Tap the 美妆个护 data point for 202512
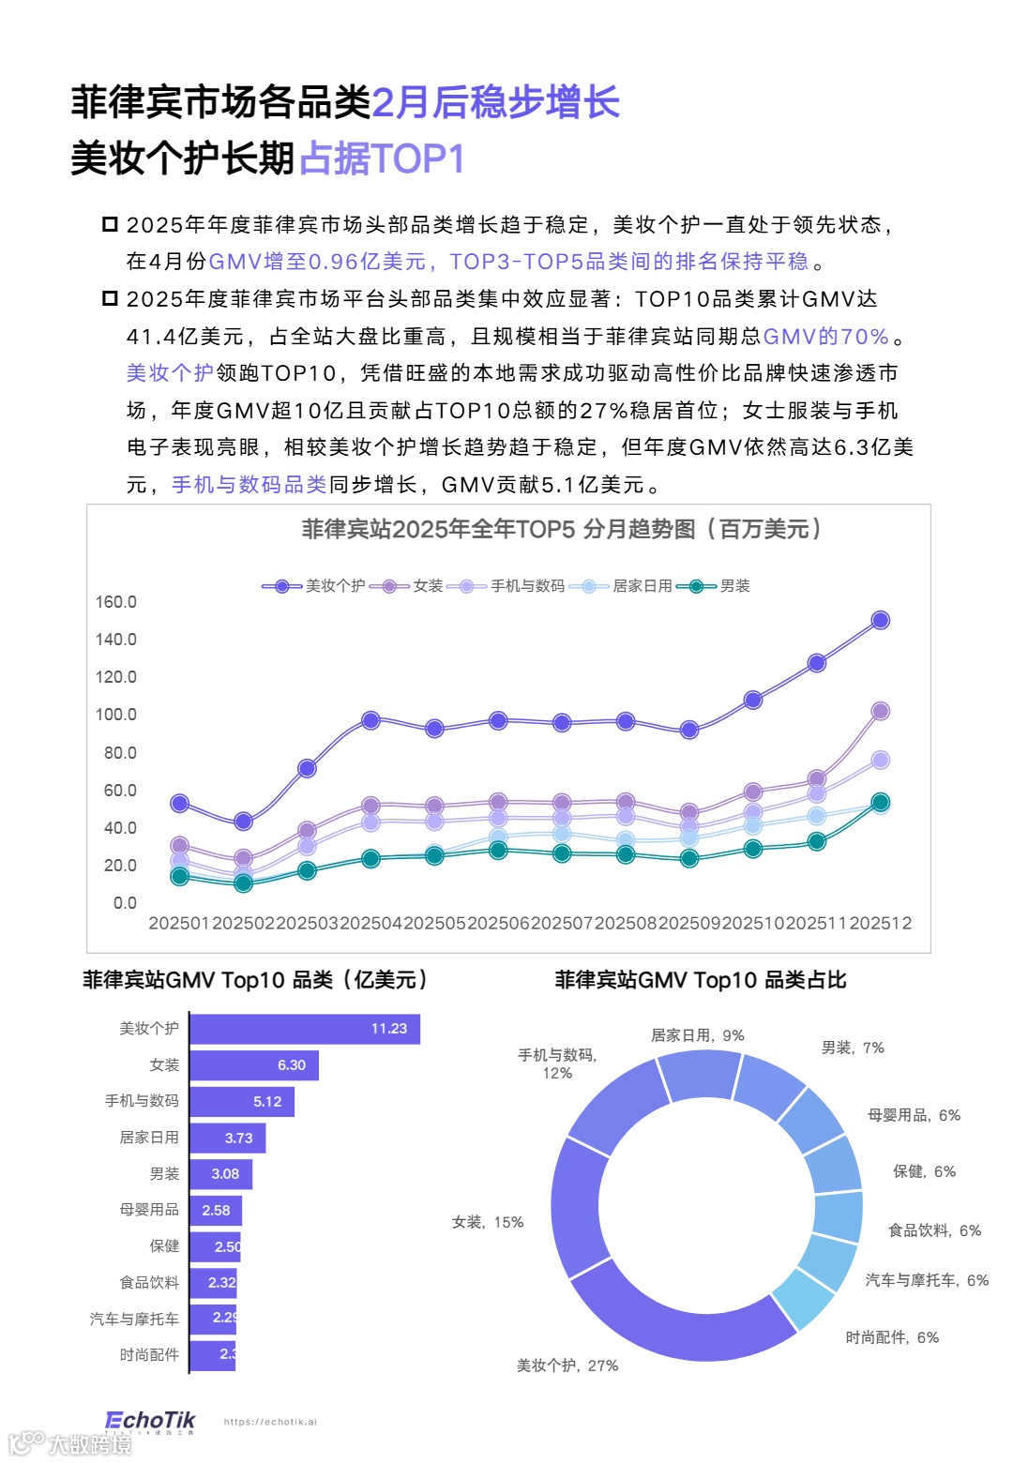pos(880,620)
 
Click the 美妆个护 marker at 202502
pos(243,822)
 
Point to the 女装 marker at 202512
pos(880,711)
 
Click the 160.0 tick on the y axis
pos(115,602)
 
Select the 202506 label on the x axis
pos(498,923)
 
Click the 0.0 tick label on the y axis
pos(125,903)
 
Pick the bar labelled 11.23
pos(305,1029)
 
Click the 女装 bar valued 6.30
pos(254,1065)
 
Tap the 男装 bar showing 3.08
pos(220,1174)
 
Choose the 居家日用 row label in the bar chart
pos(149,1138)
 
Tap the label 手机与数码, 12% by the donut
pos(557,1063)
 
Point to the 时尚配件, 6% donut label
pos(892,1337)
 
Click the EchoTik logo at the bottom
pos(150,1422)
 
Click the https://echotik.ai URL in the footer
pos(270,1422)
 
